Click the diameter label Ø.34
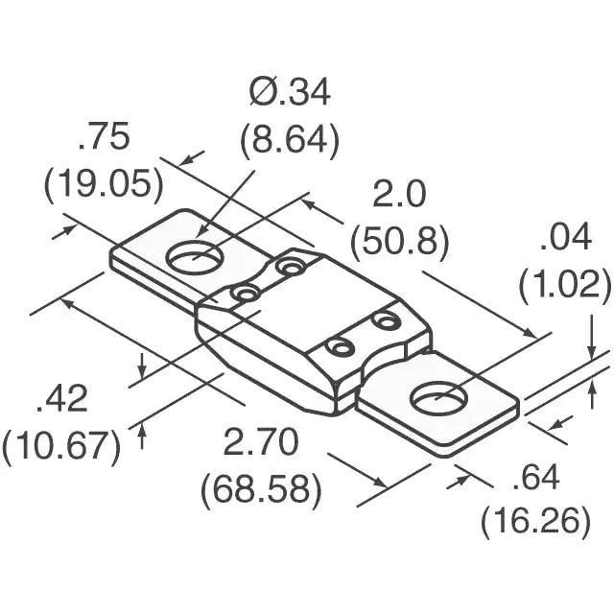point(290,93)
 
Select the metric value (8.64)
point(290,141)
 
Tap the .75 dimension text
point(104,138)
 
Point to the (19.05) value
point(104,183)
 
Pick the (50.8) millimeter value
point(398,242)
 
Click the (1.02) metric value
point(564,283)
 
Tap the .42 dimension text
point(61,398)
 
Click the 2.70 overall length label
point(261,443)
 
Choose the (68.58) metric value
point(261,489)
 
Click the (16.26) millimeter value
point(535,521)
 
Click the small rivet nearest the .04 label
point(387,319)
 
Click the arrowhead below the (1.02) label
point(593,349)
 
